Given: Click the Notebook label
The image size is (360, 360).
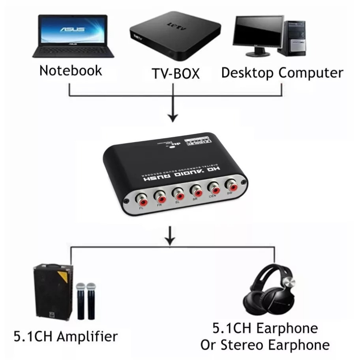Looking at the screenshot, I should (x=71, y=71).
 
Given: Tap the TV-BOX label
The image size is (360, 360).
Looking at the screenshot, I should (x=176, y=74).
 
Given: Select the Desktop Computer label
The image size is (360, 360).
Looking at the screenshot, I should (x=282, y=73).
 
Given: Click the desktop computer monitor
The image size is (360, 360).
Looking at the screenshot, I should (x=258, y=31).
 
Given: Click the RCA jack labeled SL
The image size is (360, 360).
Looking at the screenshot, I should (x=178, y=193).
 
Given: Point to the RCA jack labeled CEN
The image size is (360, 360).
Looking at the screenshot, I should (x=213, y=186).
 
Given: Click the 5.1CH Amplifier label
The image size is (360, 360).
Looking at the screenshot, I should (x=66, y=337).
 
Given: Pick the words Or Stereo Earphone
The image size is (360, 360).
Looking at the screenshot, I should (x=265, y=345).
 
